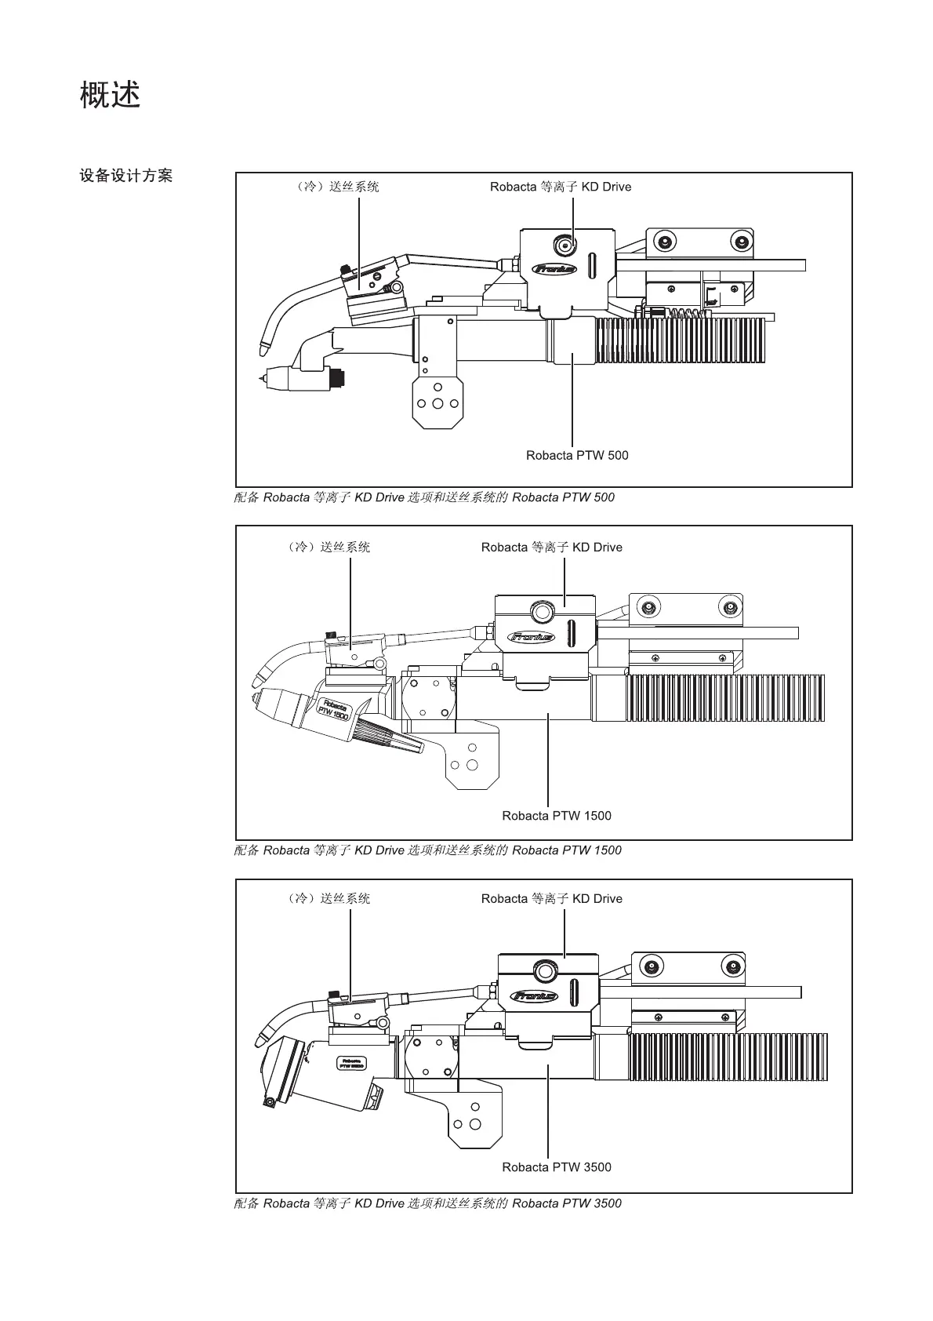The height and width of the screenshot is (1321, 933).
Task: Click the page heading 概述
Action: point(110,95)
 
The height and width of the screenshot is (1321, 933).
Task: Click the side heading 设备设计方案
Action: point(125,176)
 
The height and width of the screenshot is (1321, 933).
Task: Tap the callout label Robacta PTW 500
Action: point(576,456)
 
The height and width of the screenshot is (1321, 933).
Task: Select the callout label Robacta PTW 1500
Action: point(556,816)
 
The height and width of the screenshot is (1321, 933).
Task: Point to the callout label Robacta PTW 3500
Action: point(556,1167)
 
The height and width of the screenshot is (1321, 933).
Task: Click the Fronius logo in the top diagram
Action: point(554,269)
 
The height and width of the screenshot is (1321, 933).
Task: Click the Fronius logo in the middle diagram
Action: point(532,636)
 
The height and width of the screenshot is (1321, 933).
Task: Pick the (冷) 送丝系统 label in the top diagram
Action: point(332,187)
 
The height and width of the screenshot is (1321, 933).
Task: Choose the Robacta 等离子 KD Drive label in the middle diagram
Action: point(551,548)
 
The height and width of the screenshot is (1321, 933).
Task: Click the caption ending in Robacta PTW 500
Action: point(424,497)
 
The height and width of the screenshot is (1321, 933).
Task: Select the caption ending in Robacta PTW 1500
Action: point(427,850)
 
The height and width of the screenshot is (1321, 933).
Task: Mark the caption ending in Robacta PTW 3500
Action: point(427,1203)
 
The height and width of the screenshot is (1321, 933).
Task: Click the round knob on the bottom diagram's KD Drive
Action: point(543,970)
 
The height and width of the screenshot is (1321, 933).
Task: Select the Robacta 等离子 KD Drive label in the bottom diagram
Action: point(551,899)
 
